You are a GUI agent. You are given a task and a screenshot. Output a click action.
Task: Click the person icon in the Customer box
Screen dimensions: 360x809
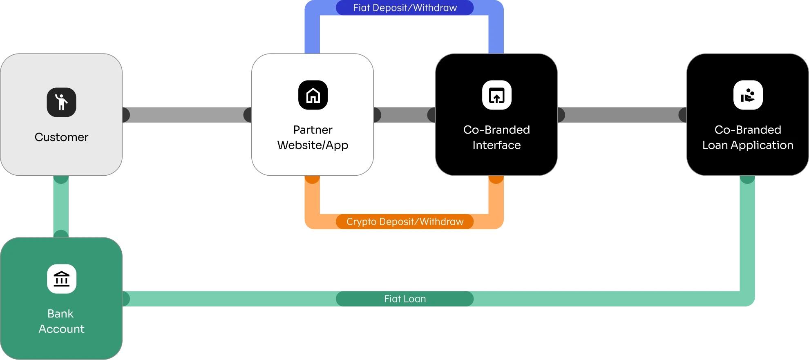(x=61, y=102)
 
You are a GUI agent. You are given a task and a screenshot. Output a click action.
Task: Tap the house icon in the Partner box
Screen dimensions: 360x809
(x=313, y=95)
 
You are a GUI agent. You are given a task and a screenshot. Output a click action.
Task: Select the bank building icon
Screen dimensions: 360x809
(x=62, y=279)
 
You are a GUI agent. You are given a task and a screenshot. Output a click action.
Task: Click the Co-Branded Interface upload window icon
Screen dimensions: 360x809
(x=496, y=95)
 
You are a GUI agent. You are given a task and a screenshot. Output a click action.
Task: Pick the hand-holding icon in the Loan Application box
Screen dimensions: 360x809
(x=748, y=95)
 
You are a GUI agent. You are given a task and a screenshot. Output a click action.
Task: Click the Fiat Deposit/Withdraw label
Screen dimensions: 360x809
(x=404, y=8)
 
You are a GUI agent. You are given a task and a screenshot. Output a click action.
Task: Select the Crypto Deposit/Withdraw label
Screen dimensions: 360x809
(x=404, y=221)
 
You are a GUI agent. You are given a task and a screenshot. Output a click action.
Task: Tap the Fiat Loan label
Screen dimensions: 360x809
(x=404, y=299)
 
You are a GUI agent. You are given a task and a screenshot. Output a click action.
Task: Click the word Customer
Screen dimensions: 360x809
(x=61, y=137)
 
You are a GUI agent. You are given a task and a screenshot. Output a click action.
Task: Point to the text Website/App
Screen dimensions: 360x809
(x=313, y=145)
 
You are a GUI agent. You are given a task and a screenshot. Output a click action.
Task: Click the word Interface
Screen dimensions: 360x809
(x=496, y=145)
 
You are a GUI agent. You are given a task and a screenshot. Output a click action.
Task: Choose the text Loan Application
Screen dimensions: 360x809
(x=748, y=145)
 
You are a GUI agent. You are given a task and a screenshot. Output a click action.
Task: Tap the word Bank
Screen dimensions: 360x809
(x=60, y=313)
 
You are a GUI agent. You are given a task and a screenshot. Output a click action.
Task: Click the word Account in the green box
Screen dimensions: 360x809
(x=61, y=329)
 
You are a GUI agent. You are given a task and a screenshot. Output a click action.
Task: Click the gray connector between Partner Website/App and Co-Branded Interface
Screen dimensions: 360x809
(x=404, y=114)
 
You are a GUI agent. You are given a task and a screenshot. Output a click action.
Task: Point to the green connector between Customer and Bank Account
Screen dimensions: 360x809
(x=60, y=206)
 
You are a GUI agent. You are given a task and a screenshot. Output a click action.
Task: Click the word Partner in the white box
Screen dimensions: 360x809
(x=313, y=130)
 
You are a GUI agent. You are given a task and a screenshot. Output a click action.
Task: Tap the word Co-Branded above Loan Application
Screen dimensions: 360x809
(x=748, y=130)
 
